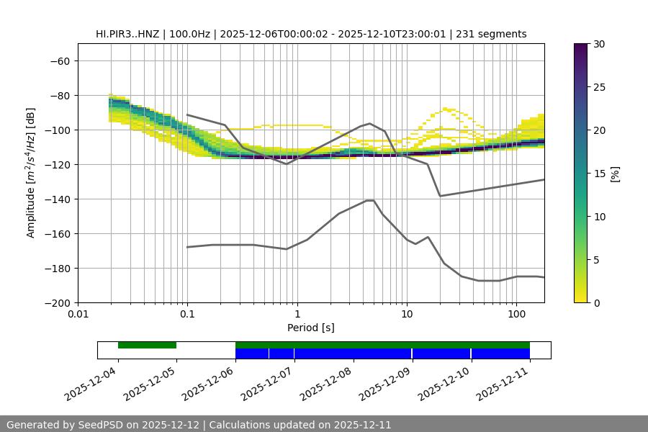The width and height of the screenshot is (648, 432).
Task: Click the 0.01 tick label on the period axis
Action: (x=78, y=315)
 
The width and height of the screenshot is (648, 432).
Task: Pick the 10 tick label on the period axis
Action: (x=407, y=315)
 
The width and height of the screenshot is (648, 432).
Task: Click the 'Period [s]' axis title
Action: (x=310, y=328)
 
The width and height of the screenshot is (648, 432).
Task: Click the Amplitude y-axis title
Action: (x=31, y=173)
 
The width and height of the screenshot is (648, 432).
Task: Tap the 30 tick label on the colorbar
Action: (x=598, y=44)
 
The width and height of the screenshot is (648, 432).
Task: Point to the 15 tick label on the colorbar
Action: (x=598, y=174)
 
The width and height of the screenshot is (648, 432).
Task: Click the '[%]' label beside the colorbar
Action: (x=615, y=174)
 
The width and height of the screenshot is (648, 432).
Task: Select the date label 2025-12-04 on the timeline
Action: (x=90, y=384)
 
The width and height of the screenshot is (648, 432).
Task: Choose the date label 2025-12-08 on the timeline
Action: (x=325, y=384)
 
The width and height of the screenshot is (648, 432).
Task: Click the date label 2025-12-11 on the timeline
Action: (x=503, y=384)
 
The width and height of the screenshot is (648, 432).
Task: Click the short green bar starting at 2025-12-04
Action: (x=147, y=345)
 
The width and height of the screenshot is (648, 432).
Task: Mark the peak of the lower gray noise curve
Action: (x=370, y=200)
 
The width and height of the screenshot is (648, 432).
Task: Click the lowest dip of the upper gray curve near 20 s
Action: (x=440, y=196)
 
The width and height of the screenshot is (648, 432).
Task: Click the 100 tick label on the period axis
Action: (x=516, y=315)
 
